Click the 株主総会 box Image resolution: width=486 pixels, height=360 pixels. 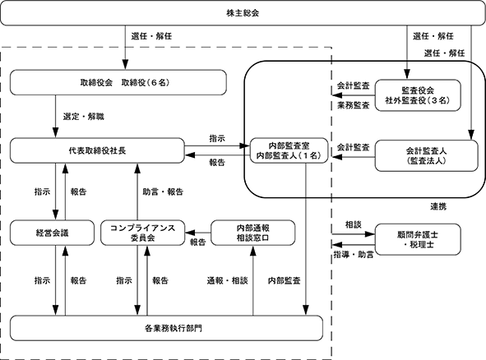tap(243, 13)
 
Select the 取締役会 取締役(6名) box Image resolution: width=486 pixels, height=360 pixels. tap(118, 82)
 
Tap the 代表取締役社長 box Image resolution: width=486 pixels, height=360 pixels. tap(97, 150)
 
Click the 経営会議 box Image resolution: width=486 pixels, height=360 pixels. tap(52, 233)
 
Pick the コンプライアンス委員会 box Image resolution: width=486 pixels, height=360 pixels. tap(143, 233)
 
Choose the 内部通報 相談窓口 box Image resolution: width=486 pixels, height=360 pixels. tap(253, 233)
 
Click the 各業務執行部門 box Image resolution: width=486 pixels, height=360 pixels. tap(166, 328)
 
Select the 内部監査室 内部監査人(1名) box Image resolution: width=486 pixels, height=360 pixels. tap(289, 150)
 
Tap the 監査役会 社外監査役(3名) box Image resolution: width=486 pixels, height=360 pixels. tap(418, 95)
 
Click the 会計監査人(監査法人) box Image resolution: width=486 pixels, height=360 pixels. tap(427, 155)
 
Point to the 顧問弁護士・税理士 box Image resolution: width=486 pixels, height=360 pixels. tap(418, 239)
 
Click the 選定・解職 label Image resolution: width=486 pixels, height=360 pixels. tap(84, 117)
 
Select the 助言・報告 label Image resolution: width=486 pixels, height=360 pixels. tap(163, 192)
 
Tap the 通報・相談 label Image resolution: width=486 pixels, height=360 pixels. tap(228, 281)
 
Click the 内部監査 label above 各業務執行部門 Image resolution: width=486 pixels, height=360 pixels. tap(285, 281)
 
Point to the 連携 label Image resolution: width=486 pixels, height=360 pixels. tap(438, 206)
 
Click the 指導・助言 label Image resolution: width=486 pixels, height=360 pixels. tap(354, 255)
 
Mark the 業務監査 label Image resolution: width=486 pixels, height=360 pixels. tap(354, 105)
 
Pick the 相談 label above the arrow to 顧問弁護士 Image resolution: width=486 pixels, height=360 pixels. tap(354, 224)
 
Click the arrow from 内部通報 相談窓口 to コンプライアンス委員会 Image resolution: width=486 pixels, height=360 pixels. tap(198, 233)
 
